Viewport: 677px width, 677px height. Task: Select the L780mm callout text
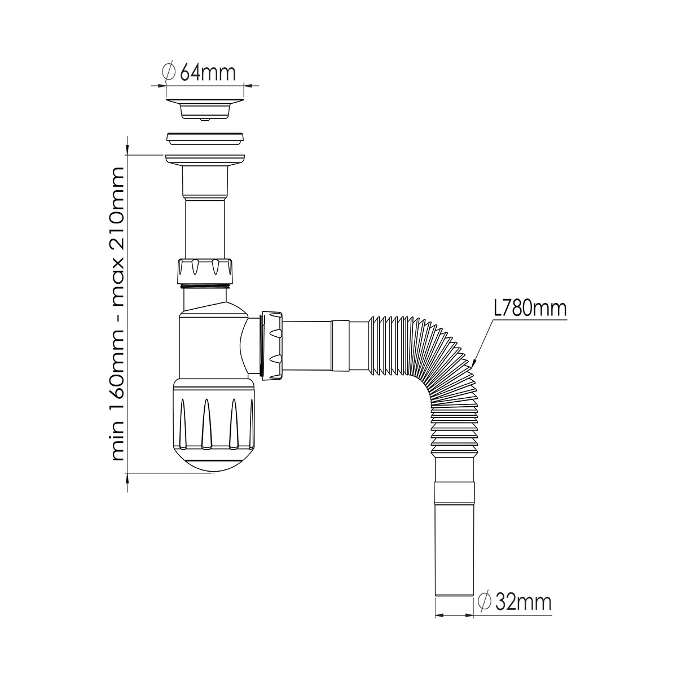[x=530, y=309]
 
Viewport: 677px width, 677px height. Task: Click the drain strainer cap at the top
[x=205, y=109]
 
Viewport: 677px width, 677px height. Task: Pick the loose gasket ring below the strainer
[x=205, y=139]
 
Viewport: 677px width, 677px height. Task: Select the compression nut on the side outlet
[x=271, y=346]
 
